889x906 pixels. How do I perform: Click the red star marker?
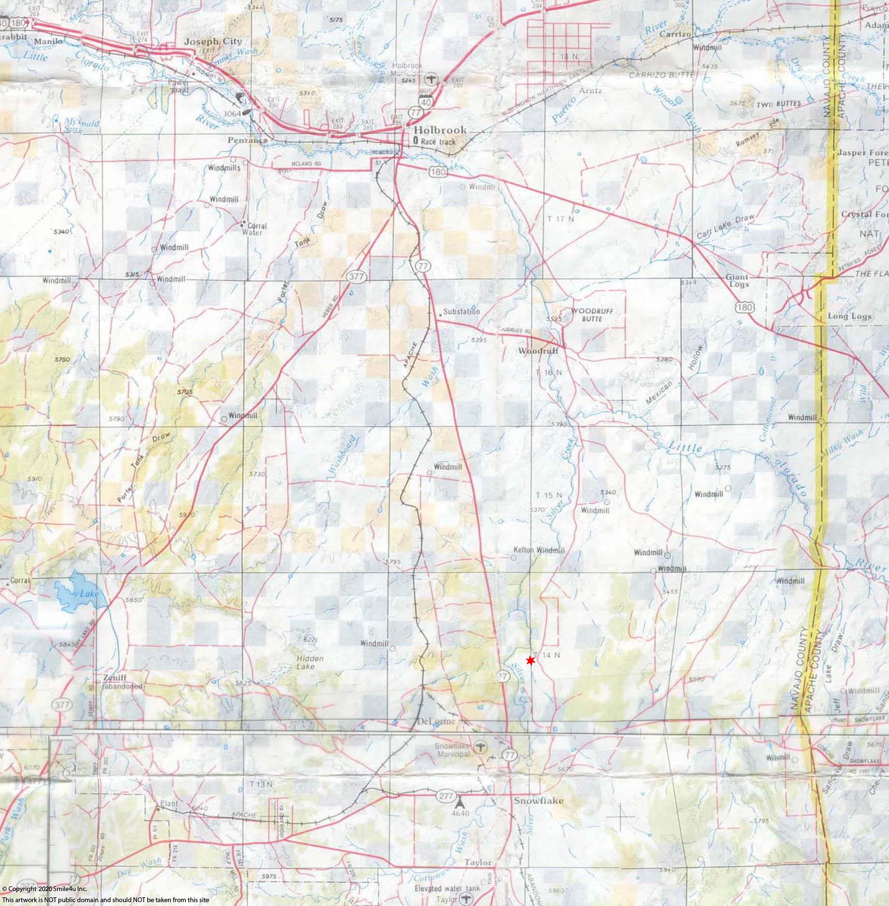[x=530, y=660]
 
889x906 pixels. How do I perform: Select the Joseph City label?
[x=213, y=41]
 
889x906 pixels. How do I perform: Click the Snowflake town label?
[x=538, y=800]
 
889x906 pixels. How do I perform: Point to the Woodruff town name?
[x=538, y=351]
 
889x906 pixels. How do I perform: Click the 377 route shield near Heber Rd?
[x=358, y=276]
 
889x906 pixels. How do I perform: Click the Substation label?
[x=461, y=311]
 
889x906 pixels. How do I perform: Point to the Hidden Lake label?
[x=310, y=662]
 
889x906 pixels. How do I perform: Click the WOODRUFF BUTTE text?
[x=592, y=315]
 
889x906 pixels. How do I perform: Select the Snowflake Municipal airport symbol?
[x=479, y=747]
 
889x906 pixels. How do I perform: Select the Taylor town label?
[x=478, y=862]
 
